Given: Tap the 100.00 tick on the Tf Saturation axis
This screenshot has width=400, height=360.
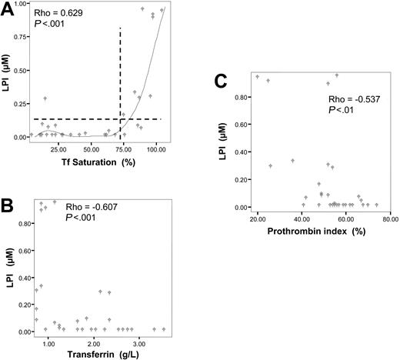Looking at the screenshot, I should click(156, 148).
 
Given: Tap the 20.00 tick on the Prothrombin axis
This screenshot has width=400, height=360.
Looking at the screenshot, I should click(257, 218).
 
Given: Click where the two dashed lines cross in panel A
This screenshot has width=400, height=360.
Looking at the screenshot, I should click(120, 118).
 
